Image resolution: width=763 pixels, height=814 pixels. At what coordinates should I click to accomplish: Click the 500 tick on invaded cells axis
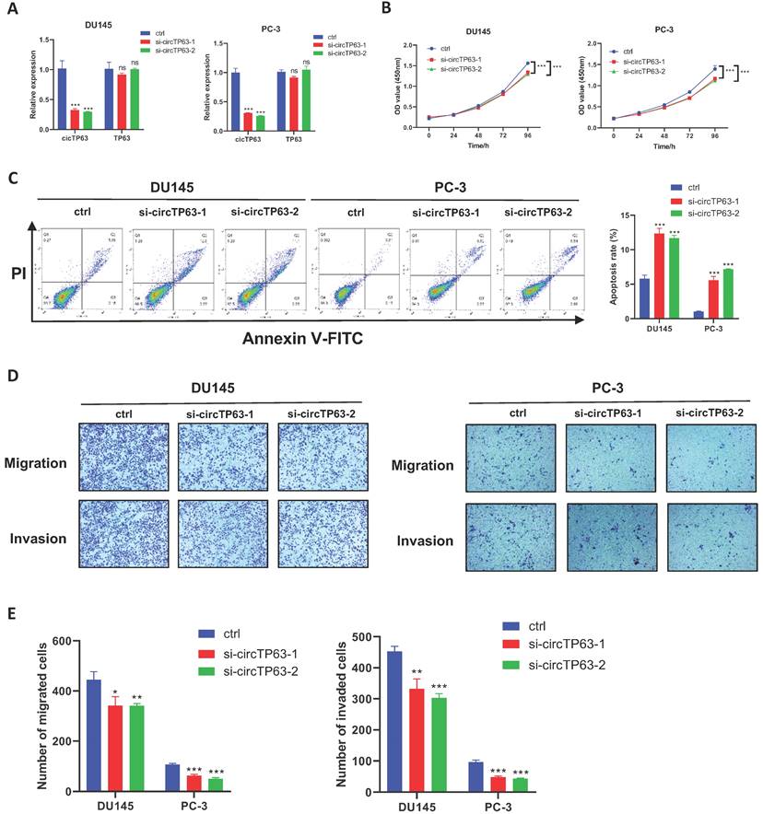(x=368, y=637)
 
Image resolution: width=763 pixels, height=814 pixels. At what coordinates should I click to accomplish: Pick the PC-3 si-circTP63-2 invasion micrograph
(x=703, y=540)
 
